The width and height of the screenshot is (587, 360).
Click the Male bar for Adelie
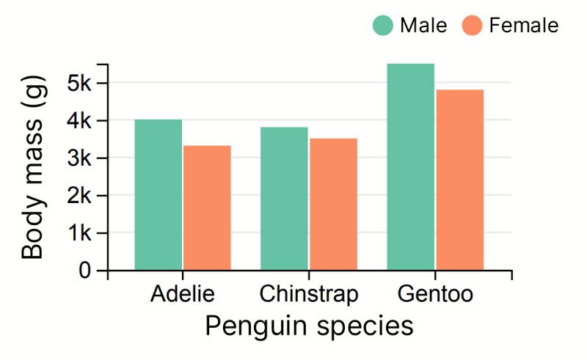click(158, 195)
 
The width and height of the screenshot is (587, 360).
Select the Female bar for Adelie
click(207, 208)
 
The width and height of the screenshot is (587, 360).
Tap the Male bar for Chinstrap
click(284, 199)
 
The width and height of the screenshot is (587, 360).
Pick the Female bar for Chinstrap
click(333, 205)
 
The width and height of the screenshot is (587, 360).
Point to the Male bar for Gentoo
click(411, 167)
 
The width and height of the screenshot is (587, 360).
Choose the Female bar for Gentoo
click(459, 180)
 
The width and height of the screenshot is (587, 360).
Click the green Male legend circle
click(384, 26)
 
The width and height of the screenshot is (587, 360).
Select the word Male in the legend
click(423, 26)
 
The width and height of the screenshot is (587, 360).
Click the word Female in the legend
click(523, 26)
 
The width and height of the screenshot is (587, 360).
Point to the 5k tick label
click(78, 83)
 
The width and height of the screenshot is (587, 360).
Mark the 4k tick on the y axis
click(78, 120)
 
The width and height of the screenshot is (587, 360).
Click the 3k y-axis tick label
click(78, 158)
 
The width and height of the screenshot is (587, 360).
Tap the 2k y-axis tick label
click(78, 196)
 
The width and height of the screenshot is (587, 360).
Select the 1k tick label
click(78, 233)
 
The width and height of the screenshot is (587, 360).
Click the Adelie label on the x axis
click(183, 295)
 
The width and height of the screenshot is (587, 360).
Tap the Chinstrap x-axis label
click(309, 295)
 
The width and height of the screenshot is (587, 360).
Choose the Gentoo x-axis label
click(435, 295)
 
